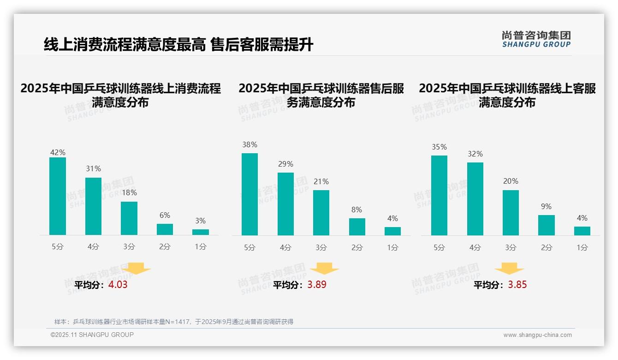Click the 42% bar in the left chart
[x=58, y=196]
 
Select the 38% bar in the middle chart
[x=250, y=194]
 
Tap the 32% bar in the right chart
[x=475, y=199]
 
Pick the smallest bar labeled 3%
[x=201, y=232]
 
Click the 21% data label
[x=321, y=182]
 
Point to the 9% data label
[x=546, y=207]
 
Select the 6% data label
[x=165, y=216]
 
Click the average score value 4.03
[x=118, y=285]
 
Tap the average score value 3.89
[x=317, y=285]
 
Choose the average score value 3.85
[x=517, y=285]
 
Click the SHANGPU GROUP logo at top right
[x=536, y=39]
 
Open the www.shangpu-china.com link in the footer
[x=537, y=335]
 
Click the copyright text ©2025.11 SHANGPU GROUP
[x=92, y=335]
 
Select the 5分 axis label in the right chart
[x=439, y=247]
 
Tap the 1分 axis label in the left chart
[x=201, y=247]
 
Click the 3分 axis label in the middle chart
[x=321, y=247]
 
